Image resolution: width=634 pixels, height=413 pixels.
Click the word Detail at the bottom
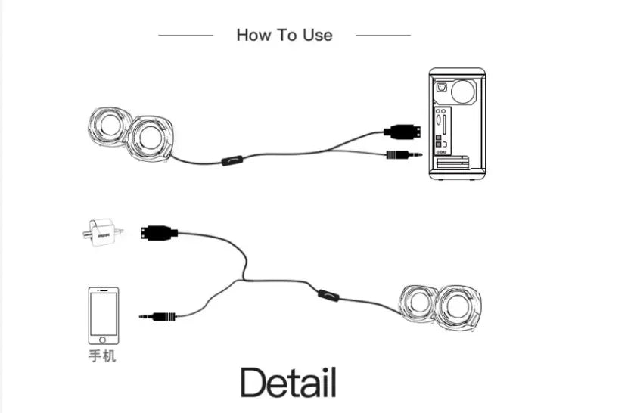click(287, 383)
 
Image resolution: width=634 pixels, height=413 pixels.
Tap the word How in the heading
click(253, 35)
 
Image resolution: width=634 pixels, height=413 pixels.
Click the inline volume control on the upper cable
click(232, 160)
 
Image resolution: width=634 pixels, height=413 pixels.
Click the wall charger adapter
click(100, 231)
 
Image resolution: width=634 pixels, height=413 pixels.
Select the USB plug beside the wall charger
click(160, 232)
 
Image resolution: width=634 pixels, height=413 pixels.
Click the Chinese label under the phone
click(103, 355)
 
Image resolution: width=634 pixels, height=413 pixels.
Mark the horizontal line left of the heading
click(185, 35)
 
